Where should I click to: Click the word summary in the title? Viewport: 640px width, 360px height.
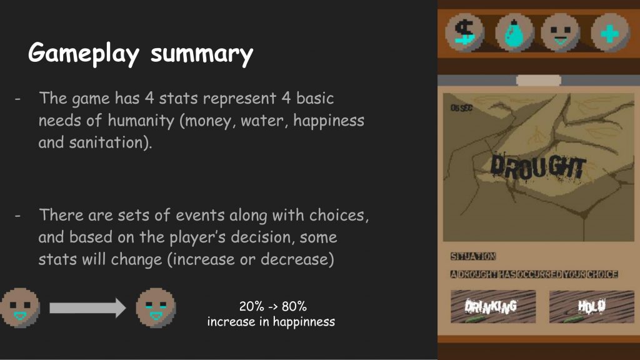click(202, 54)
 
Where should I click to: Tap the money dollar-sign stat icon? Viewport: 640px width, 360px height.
click(464, 32)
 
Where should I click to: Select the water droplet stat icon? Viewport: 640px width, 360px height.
click(514, 32)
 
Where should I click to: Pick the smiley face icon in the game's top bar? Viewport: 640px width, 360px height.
click(561, 32)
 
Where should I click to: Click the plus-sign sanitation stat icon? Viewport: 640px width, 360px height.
click(610, 32)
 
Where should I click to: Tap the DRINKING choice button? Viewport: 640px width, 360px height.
click(493, 306)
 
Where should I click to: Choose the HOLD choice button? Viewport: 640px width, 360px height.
click(592, 306)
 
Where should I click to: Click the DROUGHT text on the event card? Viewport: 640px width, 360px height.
click(538, 167)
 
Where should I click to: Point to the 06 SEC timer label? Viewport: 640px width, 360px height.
click(461, 108)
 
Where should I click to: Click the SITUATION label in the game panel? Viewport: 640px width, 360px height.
click(473, 256)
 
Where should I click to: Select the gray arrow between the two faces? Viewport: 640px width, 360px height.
click(87, 307)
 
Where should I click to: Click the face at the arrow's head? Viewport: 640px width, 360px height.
click(156, 307)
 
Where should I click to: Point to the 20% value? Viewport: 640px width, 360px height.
click(251, 306)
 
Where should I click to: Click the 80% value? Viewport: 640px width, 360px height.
click(294, 306)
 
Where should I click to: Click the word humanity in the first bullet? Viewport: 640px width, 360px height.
click(141, 121)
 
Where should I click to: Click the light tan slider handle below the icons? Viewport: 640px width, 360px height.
click(539, 80)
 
